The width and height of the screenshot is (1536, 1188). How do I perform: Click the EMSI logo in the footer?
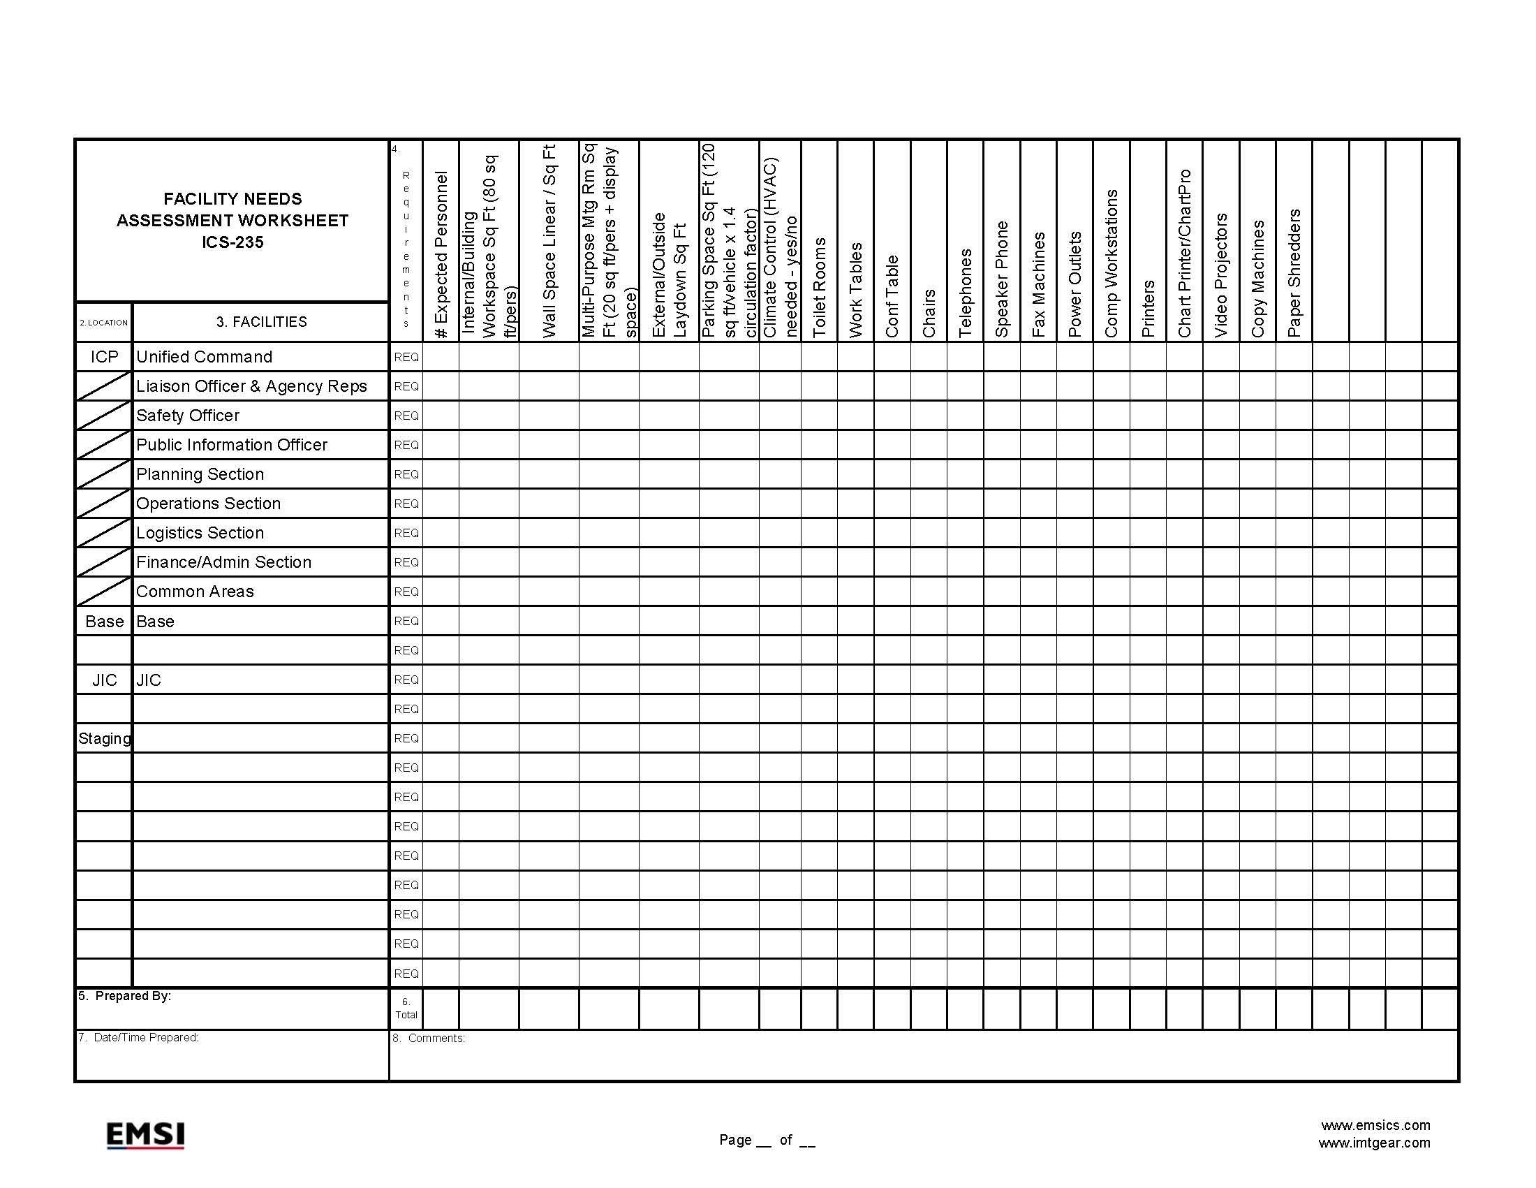click(x=145, y=1134)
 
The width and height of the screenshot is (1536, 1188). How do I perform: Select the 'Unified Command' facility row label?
click(x=204, y=357)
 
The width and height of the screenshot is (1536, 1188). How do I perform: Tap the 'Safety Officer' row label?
click(x=188, y=416)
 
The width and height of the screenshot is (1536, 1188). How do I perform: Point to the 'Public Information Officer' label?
click(x=231, y=444)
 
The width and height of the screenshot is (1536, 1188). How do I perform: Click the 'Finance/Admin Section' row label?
click(x=223, y=562)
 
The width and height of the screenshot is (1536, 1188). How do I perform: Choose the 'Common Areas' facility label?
click(x=195, y=592)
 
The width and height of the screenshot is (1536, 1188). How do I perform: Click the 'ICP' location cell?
click(x=104, y=357)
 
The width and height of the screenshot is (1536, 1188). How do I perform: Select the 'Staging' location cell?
click(x=104, y=738)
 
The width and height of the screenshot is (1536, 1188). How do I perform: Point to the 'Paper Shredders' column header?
click(x=1294, y=273)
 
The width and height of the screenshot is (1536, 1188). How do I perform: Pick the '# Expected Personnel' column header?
click(x=441, y=255)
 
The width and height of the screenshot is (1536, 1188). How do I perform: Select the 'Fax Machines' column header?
click(x=1039, y=284)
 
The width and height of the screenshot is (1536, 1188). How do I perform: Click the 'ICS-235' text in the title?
click(x=232, y=242)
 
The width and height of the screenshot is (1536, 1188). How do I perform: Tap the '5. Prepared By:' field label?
click(x=124, y=996)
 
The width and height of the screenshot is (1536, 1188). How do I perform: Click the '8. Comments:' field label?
click(x=429, y=1038)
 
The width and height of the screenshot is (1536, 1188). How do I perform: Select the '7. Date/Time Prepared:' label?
click(x=138, y=1037)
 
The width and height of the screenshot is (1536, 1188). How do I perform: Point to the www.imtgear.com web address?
click(x=1373, y=1143)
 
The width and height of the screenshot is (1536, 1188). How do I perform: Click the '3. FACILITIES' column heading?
click(x=262, y=322)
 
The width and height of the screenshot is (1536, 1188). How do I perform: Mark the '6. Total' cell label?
click(x=406, y=1008)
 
